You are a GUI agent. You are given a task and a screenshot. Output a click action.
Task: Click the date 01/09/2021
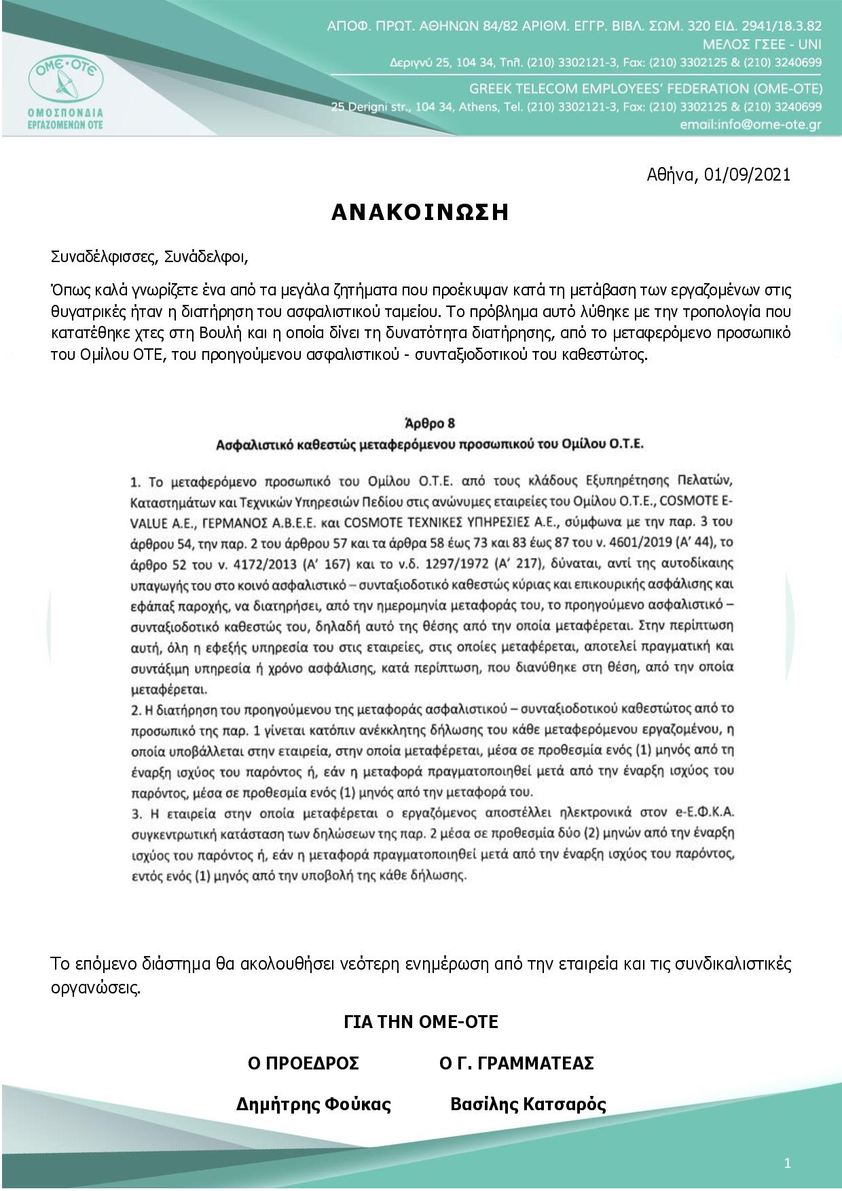click(x=748, y=175)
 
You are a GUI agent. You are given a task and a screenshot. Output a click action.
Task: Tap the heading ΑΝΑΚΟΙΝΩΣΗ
click(x=420, y=213)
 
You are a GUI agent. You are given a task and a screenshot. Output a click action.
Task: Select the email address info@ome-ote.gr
click(x=750, y=126)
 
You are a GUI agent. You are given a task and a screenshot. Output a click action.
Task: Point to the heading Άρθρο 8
click(x=430, y=423)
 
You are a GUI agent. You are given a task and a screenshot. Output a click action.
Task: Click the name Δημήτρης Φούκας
click(x=313, y=1105)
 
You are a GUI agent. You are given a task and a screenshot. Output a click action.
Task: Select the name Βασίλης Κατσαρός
click(x=528, y=1105)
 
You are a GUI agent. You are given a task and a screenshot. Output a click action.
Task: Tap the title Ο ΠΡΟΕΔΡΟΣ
click(x=303, y=1063)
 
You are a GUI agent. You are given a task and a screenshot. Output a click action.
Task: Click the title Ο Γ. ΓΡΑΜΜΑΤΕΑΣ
click(x=516, y=1063)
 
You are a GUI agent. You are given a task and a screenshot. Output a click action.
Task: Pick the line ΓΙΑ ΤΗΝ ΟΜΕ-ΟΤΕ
click(x=421, y=1022)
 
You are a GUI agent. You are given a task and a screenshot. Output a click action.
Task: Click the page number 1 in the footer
click(x=787, y=1164)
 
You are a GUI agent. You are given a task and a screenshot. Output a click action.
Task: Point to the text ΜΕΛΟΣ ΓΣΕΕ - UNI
click(x=763, y=45)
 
